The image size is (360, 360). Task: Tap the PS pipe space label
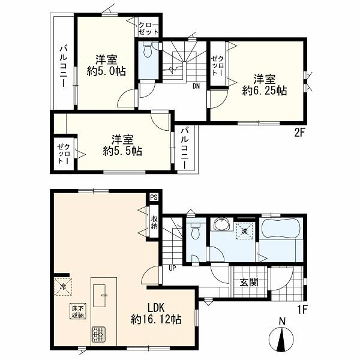click(154, 197)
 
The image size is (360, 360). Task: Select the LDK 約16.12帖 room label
click(156, 313)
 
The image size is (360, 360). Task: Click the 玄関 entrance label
click(249, 282)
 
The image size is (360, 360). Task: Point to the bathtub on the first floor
click(281, 229)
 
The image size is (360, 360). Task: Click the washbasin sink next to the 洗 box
click(221, 223)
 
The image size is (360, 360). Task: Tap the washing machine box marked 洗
click(244, 231)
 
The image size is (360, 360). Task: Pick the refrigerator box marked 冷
click(63, 287)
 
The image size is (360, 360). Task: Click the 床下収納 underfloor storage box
click(78, 311)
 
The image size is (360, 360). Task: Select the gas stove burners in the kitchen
click(99, 335)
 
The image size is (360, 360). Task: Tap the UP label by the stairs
click(172, 268)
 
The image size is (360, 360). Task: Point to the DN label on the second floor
click(196, 86)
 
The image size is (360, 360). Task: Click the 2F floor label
click(299, 133)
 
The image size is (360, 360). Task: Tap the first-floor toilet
click(196, 231)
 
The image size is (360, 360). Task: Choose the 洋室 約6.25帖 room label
click(265, 85)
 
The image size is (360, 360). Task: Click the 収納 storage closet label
click(154, 223)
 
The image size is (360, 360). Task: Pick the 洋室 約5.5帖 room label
click(122, 145)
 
